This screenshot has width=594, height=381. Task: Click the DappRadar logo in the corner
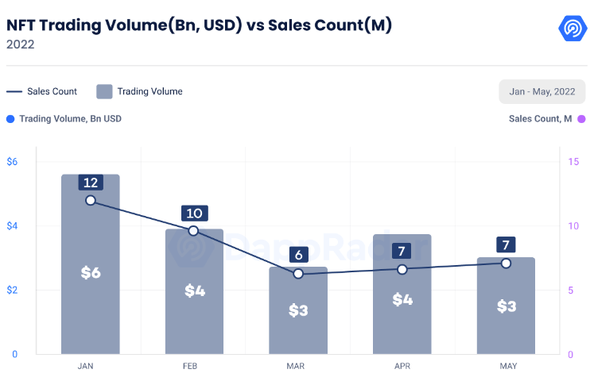point(571,29)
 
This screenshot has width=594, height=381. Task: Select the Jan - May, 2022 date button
point(542,91)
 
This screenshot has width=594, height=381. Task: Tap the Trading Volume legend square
point(104,91)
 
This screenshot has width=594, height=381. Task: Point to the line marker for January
point(90,201)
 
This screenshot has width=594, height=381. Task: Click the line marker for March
point(298,273)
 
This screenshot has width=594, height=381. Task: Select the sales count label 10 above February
point(194,213)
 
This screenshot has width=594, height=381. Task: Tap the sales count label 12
point(90,183)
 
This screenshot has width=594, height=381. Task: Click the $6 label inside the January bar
point(91,273)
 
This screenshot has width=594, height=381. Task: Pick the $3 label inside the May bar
point(507,306)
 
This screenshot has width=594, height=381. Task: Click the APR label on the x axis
point(402,366)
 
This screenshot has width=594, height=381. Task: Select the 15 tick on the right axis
point(573,162)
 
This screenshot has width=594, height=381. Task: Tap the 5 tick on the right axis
point(570,290)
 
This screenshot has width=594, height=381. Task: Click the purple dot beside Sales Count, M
point(581,119)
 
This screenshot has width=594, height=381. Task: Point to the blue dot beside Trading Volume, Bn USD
point(10,119)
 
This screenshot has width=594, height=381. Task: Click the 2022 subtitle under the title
point(20,44)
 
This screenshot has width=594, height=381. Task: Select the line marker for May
point(506,263)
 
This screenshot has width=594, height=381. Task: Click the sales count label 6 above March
point(298,255)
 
